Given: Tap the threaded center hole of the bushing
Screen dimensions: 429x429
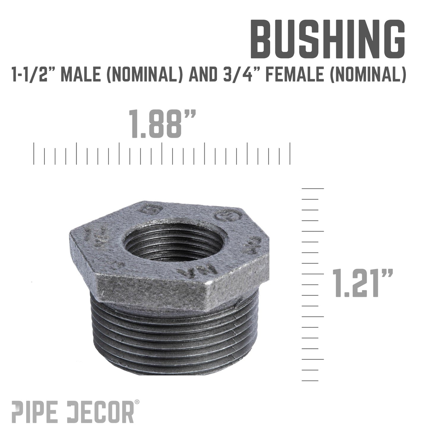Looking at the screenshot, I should (x=176, y=241).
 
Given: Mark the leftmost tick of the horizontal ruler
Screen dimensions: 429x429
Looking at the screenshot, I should (x=34, y=153).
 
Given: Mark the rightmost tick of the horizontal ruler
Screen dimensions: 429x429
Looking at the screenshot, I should (x=290, y=153).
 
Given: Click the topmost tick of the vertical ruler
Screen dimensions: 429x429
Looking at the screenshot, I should (x=313, y=189).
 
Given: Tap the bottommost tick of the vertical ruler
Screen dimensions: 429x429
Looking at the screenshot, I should (x=310, y=381).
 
